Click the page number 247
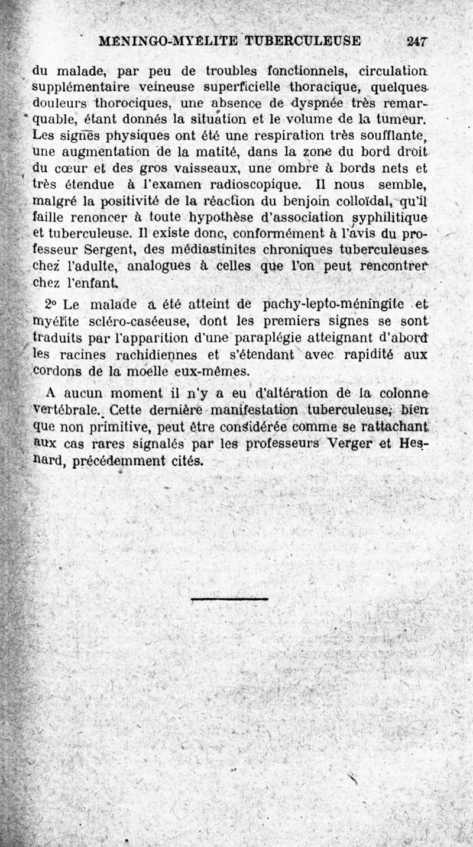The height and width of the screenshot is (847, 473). [417, 41]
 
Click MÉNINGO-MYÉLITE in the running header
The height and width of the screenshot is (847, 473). [168, 41]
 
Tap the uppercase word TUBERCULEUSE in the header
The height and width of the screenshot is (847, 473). [302, 41]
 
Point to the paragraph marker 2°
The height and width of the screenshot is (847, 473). [50, 305]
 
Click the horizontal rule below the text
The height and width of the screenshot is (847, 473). [229, 599]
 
